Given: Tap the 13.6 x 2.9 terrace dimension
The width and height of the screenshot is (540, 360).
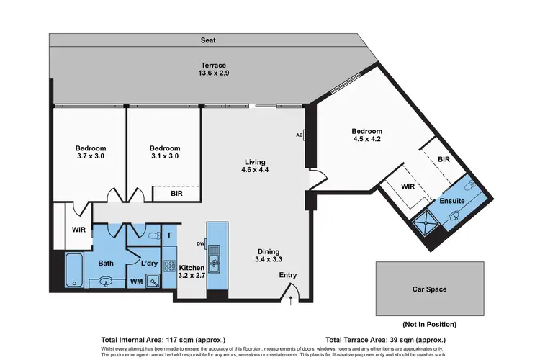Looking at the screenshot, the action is tap(215, 73).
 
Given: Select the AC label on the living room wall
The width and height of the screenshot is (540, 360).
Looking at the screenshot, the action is tap(299, 135).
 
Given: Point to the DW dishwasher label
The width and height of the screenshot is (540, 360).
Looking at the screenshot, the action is tap(201, 244).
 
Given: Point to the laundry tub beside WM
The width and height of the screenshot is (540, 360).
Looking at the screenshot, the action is tap(153, 281).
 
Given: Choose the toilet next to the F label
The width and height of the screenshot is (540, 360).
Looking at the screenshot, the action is tap(152, 235).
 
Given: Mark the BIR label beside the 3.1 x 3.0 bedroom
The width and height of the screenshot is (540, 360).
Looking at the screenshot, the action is tap(176, 194).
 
